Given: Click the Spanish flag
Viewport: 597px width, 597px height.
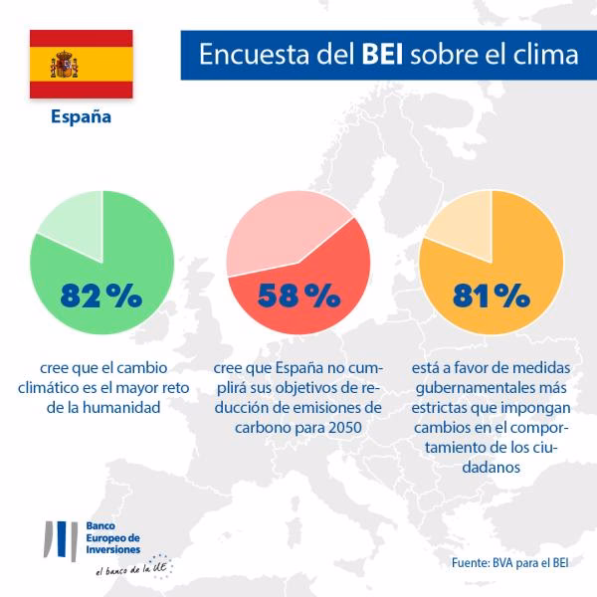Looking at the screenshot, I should point(81,64).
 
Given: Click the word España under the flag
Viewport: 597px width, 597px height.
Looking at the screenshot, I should point(81,116).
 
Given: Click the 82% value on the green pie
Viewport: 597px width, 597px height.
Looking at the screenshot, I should point(101,295).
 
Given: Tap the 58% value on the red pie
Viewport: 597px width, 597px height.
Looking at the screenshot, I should point(298,295).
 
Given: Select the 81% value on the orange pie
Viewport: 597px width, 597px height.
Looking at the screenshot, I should point(491,295).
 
